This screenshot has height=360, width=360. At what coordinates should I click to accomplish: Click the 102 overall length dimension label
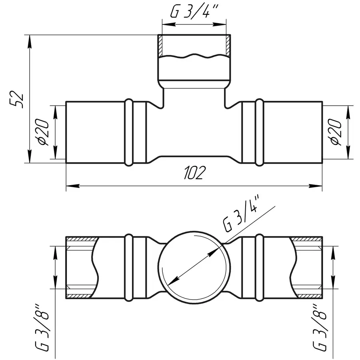point(194,173)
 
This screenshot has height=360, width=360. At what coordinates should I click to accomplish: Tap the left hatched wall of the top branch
point(160,46)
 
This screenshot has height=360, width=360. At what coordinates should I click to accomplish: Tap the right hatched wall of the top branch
point(228,46)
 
